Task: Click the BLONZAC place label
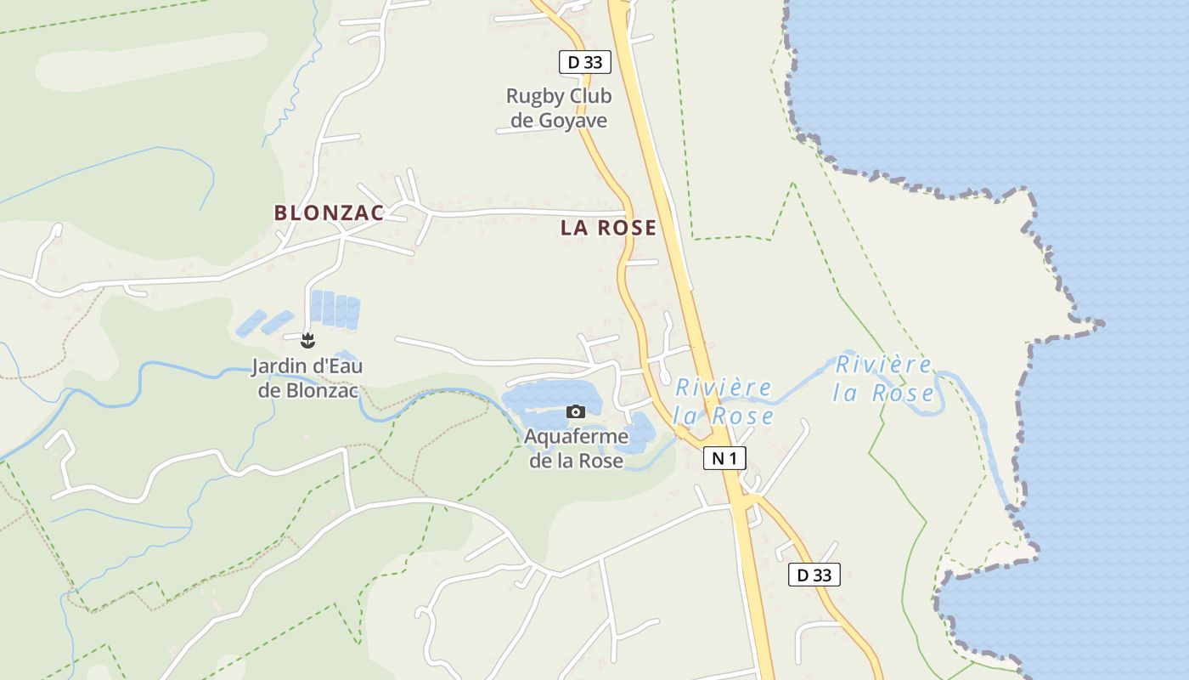point(329,212)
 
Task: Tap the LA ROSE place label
point(608,228)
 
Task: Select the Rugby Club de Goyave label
point(559,108)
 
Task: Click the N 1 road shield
point(724,459)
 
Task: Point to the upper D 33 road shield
point(585,62)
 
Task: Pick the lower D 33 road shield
point(814,575)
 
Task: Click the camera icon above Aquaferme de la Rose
point(576,412)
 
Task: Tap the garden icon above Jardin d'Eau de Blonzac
point(307,342)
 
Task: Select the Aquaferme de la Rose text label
point(577,449)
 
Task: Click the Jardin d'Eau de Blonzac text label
point(307,379)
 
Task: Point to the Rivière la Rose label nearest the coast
point(883,378)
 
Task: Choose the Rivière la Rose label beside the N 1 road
point(723,401)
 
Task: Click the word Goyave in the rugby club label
point(572,121)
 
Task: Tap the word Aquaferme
point(577,437)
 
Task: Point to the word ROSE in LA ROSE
point(627,228)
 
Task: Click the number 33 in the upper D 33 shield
point(593,62)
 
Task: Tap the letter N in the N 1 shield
point(718,459)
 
